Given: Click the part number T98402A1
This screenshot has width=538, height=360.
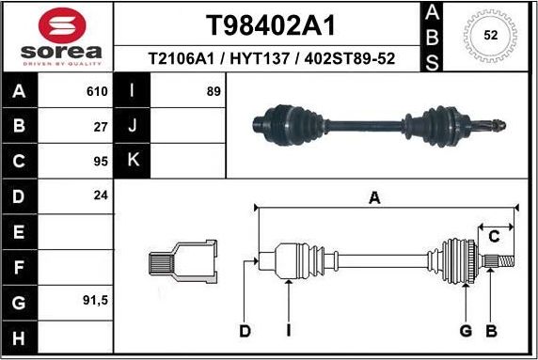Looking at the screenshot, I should pos(269,23).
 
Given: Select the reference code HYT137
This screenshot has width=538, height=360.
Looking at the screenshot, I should pos(271,59).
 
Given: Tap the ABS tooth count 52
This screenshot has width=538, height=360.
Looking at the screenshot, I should pos(489,35).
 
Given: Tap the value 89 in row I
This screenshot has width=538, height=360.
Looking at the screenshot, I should pos(213,92).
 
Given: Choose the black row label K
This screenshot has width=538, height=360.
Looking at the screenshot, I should pos(133,160).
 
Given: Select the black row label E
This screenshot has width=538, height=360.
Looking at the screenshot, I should pos(21,230).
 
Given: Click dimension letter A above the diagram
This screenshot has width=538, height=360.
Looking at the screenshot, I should pos(373,197).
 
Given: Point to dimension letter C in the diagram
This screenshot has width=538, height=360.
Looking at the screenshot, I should pos(493,235).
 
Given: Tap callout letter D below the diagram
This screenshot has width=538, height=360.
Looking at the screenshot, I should pos(245,330).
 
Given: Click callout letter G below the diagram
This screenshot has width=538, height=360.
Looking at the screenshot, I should pos(465,330).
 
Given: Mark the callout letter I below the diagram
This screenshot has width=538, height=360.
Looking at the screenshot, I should pos(289,330).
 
